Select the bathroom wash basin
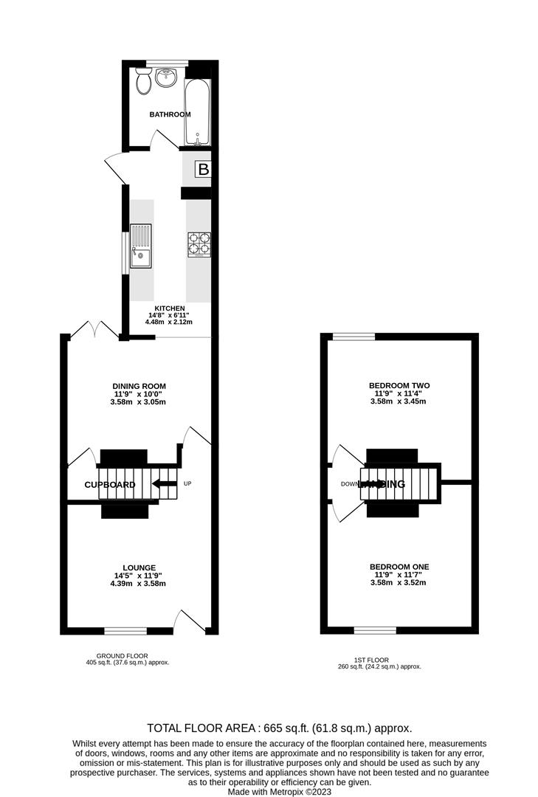tap(167, 77)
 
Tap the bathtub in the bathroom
tap(198, 111)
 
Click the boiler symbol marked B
tap(203, 170)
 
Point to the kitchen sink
tap(141, 246)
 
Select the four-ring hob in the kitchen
tap(199, 244)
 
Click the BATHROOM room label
tap(170, 114)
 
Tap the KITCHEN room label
tap(169, 308)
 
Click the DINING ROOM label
tap(139, 386)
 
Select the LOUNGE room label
tap(139, 567)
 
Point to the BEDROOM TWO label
tap(399, 385)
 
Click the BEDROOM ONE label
tap(399, 567)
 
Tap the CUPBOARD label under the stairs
tap(110, 485)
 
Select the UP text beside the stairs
tap(187, 484)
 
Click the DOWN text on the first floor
tap(349, 485)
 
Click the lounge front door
tap(190, 622)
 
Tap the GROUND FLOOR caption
tap(122, 655)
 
